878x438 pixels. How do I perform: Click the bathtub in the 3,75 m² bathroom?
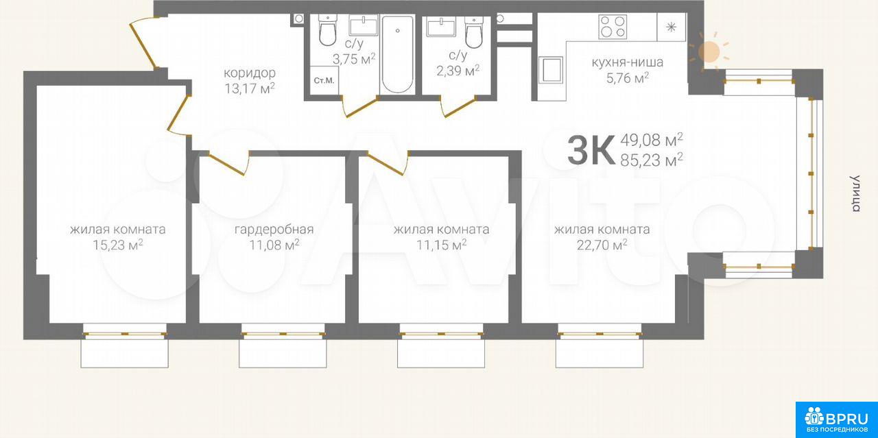coord(397,54)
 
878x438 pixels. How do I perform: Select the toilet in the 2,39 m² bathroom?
coord(474,32)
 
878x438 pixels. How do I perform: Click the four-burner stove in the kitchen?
coord(613,27)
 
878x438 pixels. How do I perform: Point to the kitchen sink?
coord(551,70)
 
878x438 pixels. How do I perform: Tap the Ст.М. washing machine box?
coord(324,80)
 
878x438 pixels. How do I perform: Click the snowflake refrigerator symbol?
coord(672,27)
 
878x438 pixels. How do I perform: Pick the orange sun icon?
coord(709,51)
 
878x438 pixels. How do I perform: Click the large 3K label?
coord(591,150)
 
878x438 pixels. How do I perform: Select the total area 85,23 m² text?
coord(652,160)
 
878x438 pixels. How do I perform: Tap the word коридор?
coord(250,73)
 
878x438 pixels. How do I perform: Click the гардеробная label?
coord(274,229)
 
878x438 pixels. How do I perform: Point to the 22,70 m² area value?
coord(602,245)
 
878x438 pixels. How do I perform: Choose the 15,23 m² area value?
coord(117,245)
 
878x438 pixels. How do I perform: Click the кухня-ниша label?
coord(627,62)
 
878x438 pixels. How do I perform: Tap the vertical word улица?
coord(855,193)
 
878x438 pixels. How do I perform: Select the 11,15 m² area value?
coord(441,245)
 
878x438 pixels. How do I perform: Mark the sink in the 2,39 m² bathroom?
coord(441,27)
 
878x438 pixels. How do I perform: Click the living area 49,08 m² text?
coord(652,140)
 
